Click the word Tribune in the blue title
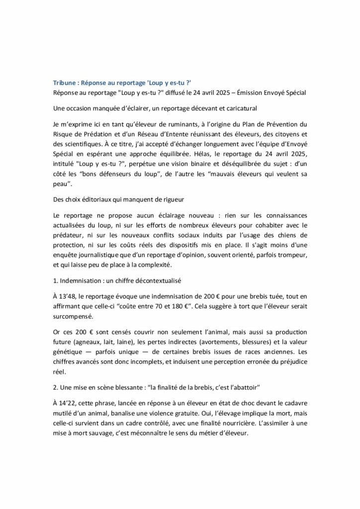65,82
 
